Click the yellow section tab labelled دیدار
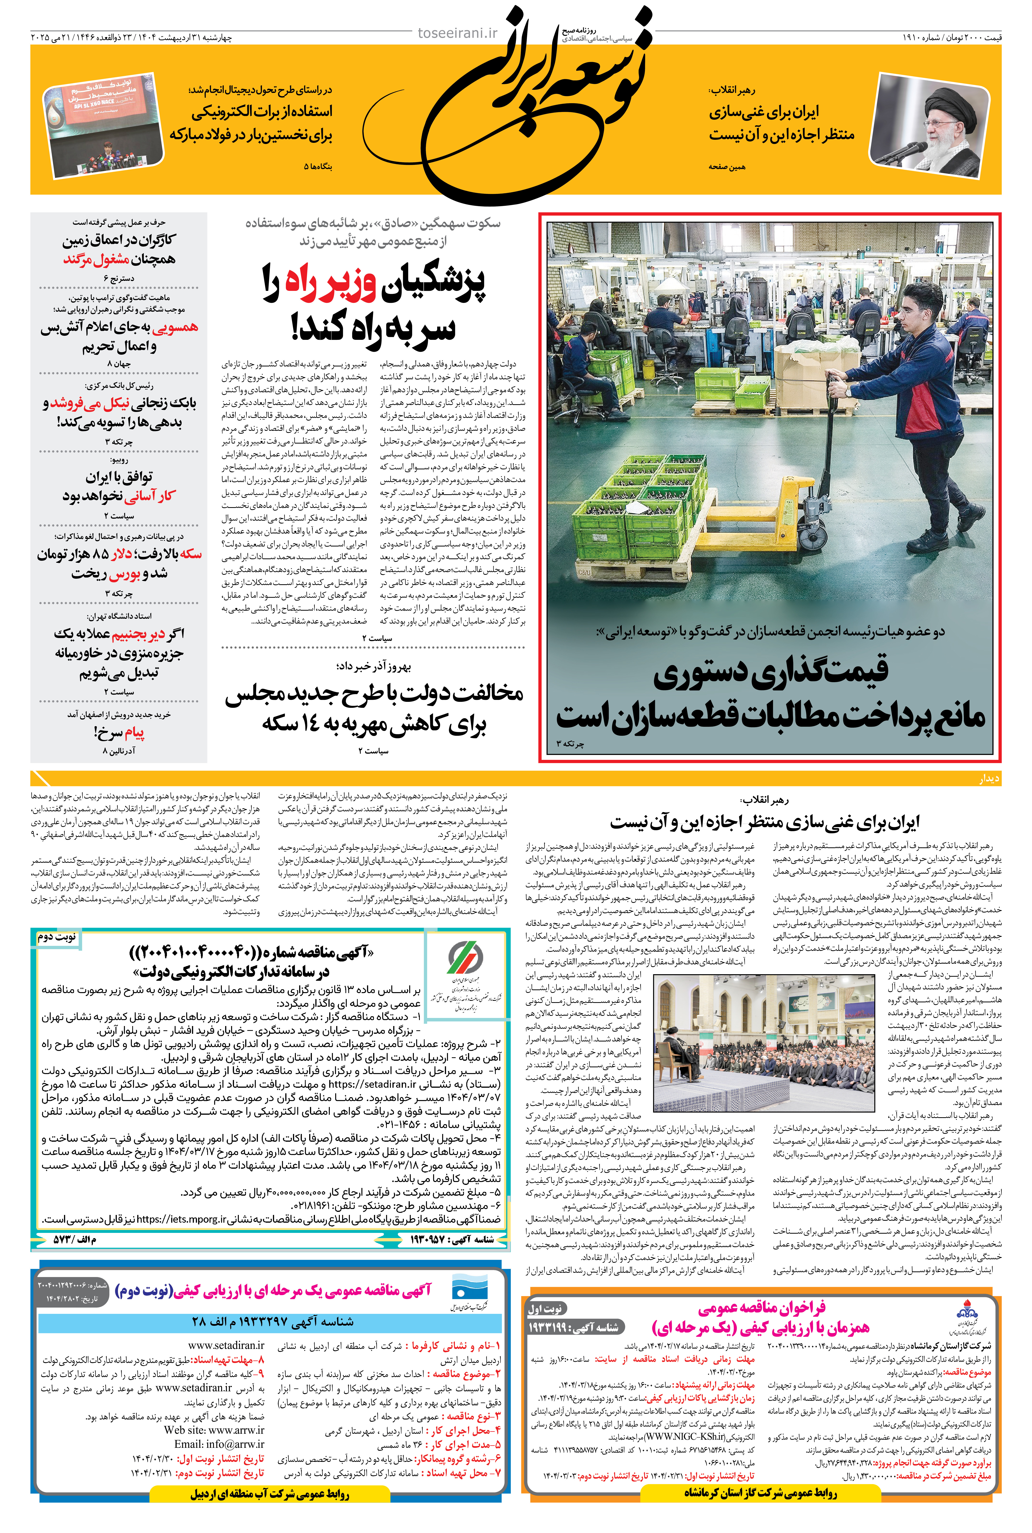pyautogui.click(x=989, y=779)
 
